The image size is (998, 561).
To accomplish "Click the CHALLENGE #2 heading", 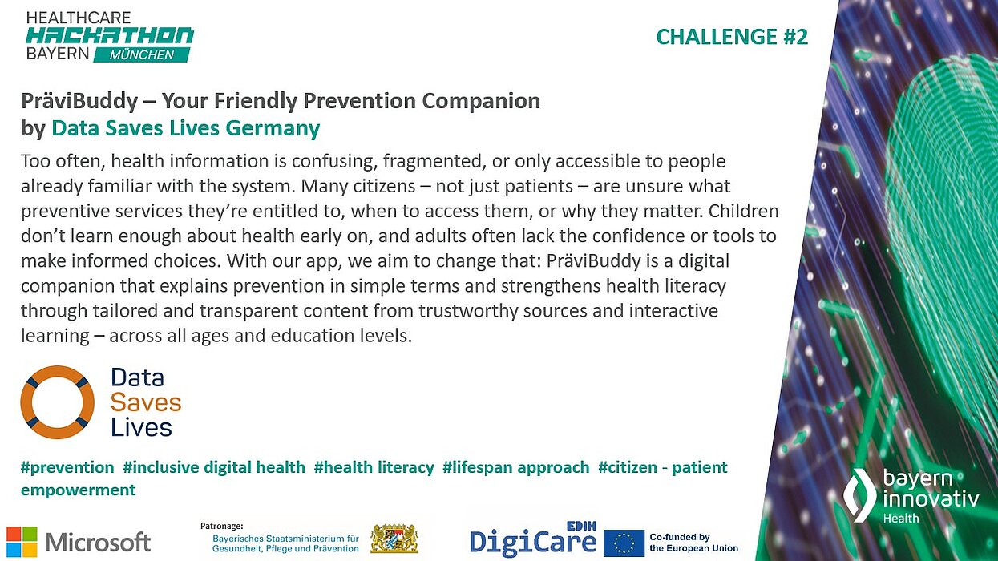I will [731, 37].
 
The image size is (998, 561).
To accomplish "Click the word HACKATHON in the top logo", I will [110, 35].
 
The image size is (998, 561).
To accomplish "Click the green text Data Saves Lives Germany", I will [185, 128].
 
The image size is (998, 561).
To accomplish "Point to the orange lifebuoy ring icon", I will [57, 402].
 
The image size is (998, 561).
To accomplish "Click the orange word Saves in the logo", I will [146, 402].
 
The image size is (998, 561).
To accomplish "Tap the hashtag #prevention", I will [67, 467].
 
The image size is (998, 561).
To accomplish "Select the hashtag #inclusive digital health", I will [214, 467].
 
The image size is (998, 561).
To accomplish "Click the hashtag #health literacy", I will [374, 467].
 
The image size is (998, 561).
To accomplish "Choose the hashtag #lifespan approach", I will [515, 467].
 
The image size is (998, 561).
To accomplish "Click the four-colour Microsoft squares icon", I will [22, 541].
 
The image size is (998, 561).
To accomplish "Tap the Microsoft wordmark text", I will [98, 542].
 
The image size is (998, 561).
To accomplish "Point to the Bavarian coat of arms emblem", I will [394, 539].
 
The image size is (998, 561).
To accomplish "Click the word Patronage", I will [221, 525].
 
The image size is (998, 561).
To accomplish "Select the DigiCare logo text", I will [532, 543].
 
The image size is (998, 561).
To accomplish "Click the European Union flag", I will [624, 543].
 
